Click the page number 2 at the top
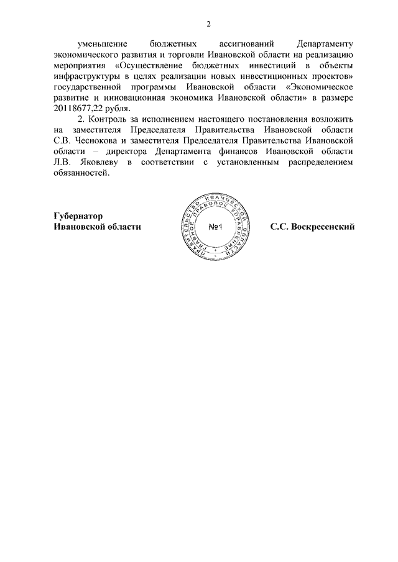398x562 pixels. coord(210,24)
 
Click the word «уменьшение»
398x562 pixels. coord(102,45)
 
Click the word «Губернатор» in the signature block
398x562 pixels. coord(77,215)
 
